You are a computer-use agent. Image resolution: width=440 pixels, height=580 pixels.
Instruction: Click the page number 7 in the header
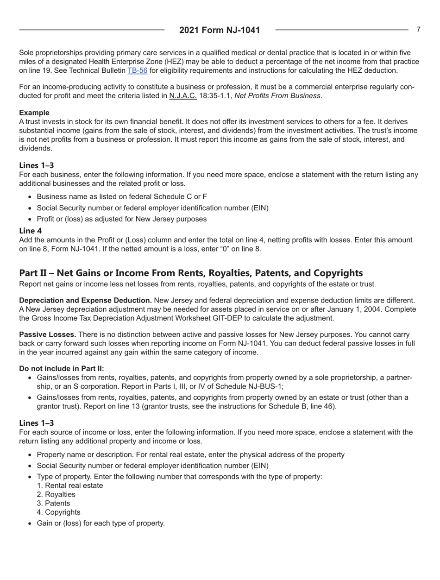pyautogui.click(x=418, y=29)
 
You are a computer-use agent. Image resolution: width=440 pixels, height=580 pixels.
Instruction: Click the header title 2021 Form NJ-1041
pyautogui.click(x=220, y=30)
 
